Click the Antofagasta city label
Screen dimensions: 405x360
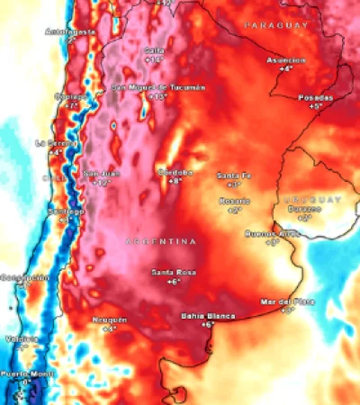(x=71, y=31)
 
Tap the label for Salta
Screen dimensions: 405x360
(x=154, y=50)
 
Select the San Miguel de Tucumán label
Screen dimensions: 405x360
(x=157, y=87)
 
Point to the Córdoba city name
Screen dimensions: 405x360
(x=175, y=172)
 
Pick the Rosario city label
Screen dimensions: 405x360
(x=234, y=201)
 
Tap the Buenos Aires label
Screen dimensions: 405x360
(x=271, y=233)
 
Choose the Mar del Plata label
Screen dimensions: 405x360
(x=287, y=301)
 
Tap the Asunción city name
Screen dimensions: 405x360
(x=285, y=59)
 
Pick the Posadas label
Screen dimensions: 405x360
(x=315, y=97)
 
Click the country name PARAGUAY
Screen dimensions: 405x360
(x=276, y=24)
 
